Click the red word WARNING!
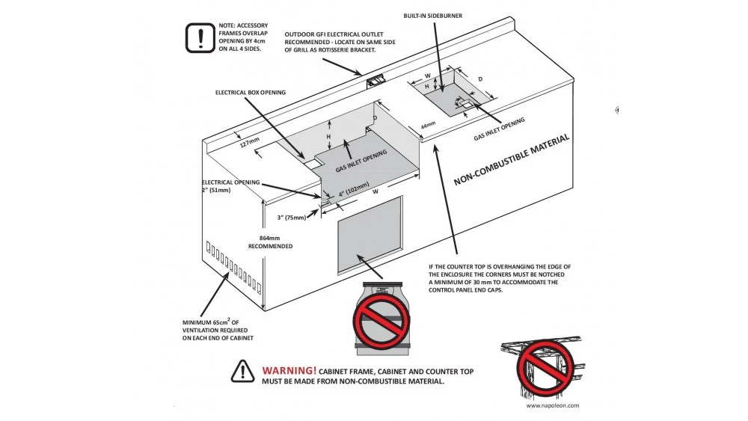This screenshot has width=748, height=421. click(x=289, y=371)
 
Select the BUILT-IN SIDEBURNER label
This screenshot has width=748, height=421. click(x=433, y=16)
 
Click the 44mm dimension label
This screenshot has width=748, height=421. click(x=428, y=126)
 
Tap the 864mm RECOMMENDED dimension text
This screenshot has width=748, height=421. click(x=270, y=240)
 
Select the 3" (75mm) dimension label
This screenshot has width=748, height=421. click(x=291, y=218)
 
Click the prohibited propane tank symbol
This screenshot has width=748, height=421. click(x=381, y=317)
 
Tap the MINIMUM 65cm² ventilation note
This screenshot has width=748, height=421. click(x=218, y=330)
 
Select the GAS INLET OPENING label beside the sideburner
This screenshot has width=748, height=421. click(x=499, y=129)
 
